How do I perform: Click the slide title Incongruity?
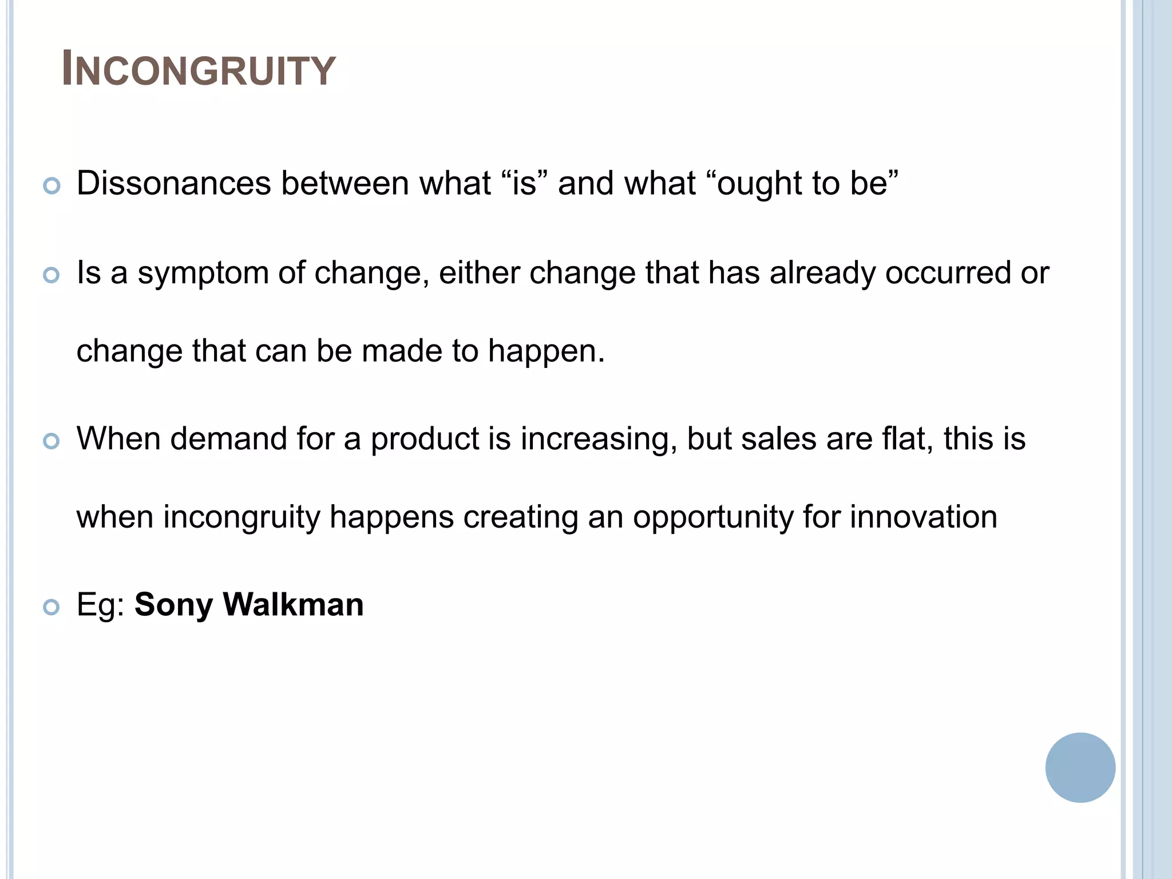point(199,70)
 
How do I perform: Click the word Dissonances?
point(173,184)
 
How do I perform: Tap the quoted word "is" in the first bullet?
point(524,184)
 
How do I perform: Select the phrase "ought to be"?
point(802,184)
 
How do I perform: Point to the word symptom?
point(203,274)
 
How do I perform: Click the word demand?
point(228,439)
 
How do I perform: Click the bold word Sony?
point(173,605)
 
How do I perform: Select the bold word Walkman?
point(293,604)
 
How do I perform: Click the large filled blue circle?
point(1080,767)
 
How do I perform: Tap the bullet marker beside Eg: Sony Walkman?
point(52,607)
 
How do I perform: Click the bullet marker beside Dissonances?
point(52,186)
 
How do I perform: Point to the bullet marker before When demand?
point(52,441)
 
